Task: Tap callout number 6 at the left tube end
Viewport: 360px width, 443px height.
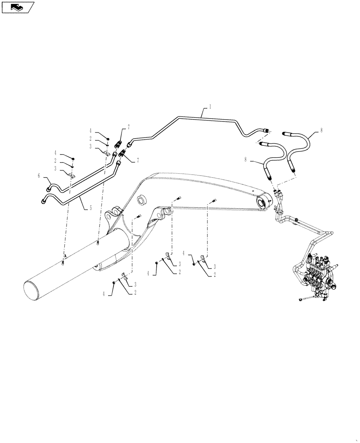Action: [x=39, y=176]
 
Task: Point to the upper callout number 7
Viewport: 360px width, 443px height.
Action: [x=129, y=128]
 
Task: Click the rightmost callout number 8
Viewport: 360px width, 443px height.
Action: [x=321, y=131]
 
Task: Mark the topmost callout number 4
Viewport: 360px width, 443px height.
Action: [x=90, y=131]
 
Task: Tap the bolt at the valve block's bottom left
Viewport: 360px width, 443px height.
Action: [x=302, y=300]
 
